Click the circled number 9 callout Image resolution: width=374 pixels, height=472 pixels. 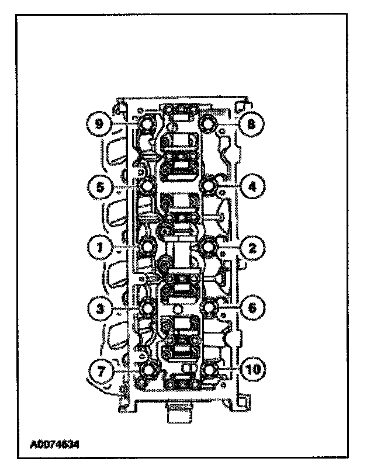pyautogui.click(x=100, y=124)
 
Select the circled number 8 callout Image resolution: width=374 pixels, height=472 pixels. pyautogui.click(x=252, y=124)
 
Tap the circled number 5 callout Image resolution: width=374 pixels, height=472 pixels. pyautogui.click(x=100, y=187)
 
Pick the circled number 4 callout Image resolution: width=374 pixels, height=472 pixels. pyautogui.click(x=252, y=187)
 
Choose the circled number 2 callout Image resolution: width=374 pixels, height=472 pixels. pyautogui.click(x=252, y=248)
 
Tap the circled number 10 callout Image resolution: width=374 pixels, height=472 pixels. pyautogui.click(x=252, y=369)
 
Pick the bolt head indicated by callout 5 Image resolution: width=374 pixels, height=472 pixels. pyautogui.click(x=147, y=186)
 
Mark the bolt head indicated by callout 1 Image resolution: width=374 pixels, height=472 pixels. pyautogui.click(x=147, y=247)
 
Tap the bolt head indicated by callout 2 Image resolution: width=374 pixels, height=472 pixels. pyautogui.click(x=208, y=247)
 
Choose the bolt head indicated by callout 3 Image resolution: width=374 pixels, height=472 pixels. pyautogui.click(x=147, y=308)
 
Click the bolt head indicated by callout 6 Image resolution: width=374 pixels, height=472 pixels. pyautogui.click(x=209, y=308)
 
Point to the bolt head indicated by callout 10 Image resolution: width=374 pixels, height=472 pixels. pyautogui.click(x=210, y=369)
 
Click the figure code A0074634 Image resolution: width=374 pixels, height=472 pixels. pyautogui.click(x=54, y=443)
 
